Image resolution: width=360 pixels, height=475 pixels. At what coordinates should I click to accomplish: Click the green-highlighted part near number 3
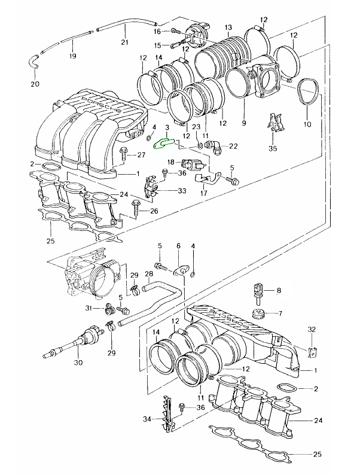point(164,144)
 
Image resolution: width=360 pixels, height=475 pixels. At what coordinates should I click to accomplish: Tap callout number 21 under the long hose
point(124,42)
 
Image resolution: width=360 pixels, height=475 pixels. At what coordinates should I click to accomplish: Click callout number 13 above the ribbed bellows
point(228,28)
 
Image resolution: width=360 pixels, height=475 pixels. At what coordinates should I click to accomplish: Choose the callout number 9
point(244,123)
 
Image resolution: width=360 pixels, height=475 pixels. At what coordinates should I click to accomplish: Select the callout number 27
point(141,156)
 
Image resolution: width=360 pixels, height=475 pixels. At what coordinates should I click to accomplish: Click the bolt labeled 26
point(136,208)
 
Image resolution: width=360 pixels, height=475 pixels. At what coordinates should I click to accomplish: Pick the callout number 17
point(203,193)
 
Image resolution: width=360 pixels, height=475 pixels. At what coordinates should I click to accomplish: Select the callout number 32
point(311,330)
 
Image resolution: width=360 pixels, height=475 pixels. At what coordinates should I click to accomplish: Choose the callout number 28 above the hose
point(148,274)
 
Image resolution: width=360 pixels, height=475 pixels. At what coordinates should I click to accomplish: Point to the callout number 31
point(88,308)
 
